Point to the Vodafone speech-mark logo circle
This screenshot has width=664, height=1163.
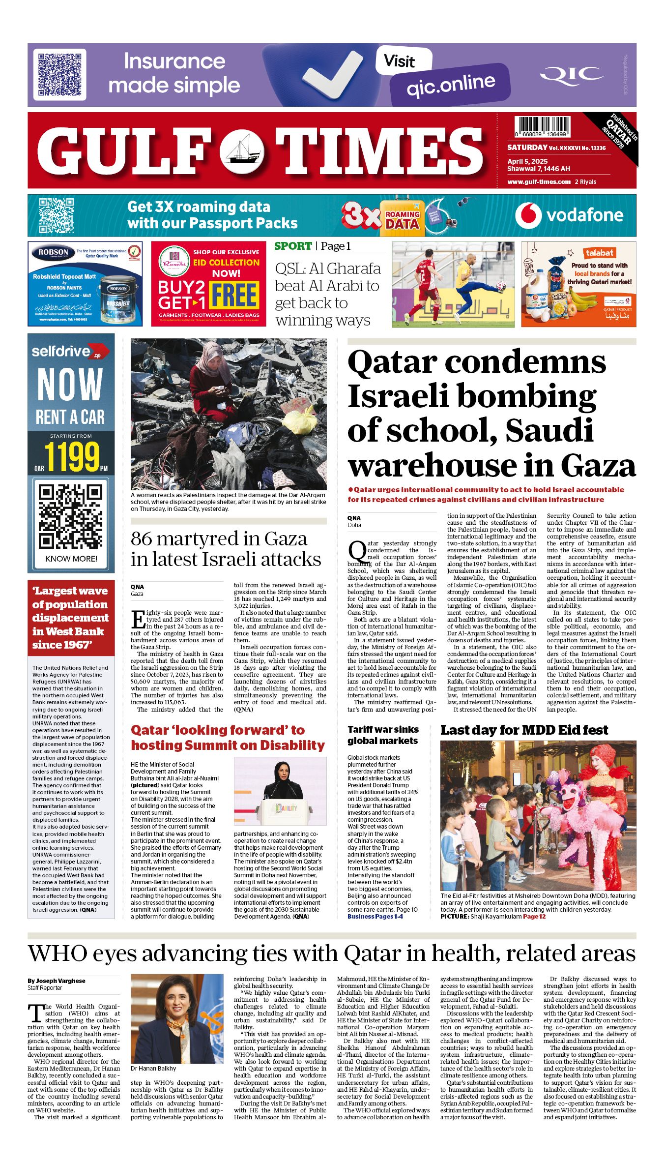tap(528, 215)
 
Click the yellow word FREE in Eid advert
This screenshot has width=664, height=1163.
tap(234, 295)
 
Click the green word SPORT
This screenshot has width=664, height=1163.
tap(293, 246)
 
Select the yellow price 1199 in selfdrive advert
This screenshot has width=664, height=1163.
tap(72, 457)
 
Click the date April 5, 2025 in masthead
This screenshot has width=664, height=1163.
tap(527, 161)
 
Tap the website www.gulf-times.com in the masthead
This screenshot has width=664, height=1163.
tap(539, 181)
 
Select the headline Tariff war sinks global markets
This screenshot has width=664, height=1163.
tap(383, 735)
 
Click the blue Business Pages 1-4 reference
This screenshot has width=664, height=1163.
tap(375, 916)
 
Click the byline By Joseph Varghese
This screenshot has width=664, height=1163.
tap(57, 981)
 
